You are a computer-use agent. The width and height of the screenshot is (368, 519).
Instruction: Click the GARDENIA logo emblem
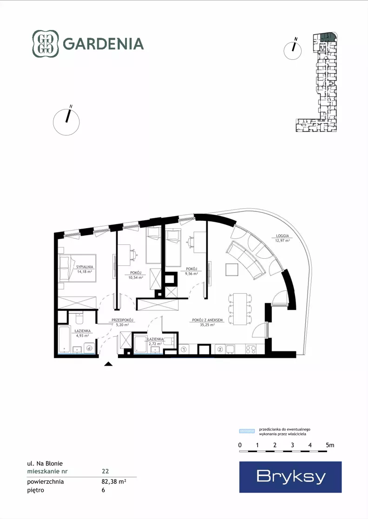coord(46,44)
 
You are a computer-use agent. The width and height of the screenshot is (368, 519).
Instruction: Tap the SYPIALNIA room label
coord(85,266)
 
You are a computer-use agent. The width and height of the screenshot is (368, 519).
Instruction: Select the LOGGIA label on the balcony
coord(283,236)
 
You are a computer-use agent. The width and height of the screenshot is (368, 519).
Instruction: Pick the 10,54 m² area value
coord(136,277)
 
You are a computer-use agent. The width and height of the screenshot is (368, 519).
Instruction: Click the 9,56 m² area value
coord(191,274)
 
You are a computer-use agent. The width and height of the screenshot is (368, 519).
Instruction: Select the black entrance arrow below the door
coord(109,364)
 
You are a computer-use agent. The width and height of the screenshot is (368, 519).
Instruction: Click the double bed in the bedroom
coord(77,268)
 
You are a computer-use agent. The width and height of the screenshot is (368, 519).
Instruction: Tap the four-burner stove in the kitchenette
coord(250,349)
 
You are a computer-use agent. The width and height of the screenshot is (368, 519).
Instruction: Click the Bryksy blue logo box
coord(290,477)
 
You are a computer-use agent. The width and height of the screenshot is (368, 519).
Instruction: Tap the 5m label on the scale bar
coord(330,445)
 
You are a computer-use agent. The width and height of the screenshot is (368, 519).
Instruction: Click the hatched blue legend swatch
coord(247,431)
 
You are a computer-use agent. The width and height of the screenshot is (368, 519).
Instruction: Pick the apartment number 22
coord(105,471)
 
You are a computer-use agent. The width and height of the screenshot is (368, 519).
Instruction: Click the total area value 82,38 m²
coord(114,481)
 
